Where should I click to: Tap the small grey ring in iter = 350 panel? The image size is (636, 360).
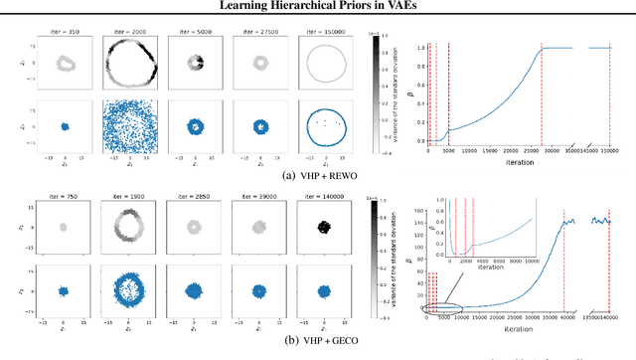[x=66, y=65]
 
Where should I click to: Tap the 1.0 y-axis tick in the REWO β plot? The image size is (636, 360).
[x=420, y=48]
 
